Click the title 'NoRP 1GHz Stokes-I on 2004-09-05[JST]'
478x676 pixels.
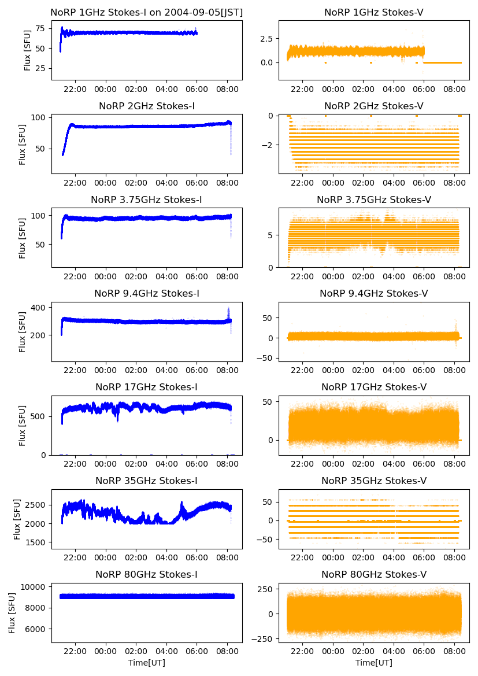point(147,12)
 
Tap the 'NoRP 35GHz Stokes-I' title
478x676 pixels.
point(147,481)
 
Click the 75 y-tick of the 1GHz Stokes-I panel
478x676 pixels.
point(40,28)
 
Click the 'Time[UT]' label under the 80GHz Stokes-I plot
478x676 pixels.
point(147,663)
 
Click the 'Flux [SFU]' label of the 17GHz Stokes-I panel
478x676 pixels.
point(23,426)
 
